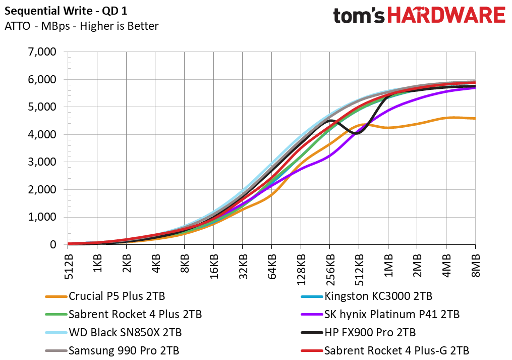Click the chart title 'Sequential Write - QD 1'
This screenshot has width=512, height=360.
pos(66,11)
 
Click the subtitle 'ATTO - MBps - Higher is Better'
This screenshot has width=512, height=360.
pos(82,26)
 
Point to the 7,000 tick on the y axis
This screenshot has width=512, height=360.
pos(42,52)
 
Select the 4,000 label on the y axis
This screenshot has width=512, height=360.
pos(42,134)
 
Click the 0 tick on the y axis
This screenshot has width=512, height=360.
pos(53,244)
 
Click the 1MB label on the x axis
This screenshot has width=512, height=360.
pos(388,266)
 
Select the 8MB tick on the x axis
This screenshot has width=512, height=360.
pos(475,266)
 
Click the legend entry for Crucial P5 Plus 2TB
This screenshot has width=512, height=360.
pos(105,296)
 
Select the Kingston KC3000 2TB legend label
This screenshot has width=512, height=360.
pos(366,296)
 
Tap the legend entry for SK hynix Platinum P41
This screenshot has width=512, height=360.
pos(380,314)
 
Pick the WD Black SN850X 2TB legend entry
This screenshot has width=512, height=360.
pos(113,333)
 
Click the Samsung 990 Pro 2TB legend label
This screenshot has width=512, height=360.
pos(112,351)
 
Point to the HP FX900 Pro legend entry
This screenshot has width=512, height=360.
pos(358,333)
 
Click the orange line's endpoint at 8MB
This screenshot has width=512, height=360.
pos(475,118)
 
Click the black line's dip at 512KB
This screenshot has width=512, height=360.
pos(358,133)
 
